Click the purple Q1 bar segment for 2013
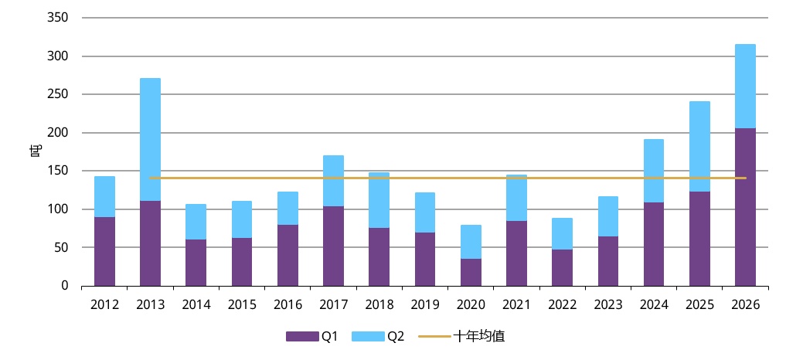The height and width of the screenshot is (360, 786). (151, 243)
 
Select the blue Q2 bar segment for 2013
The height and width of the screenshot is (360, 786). (151, 140)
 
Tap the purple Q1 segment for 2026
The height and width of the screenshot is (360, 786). (745, 207)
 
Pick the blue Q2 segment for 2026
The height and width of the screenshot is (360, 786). (745, 87)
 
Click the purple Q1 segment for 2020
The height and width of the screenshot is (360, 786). (471, 272)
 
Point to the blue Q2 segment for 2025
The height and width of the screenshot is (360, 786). (699, 147)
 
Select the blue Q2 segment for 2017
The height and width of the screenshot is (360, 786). (333, 181)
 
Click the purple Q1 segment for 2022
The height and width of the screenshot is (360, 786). (563, 268)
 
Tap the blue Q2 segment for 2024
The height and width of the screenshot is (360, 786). (654, 171)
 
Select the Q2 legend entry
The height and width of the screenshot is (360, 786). (378, 336)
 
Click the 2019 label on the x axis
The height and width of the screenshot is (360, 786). (425, 305)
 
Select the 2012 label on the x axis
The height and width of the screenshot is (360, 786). (105, 305)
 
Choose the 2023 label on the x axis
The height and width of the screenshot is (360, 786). (608, 305)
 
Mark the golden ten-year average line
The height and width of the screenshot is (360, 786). (447, 178)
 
